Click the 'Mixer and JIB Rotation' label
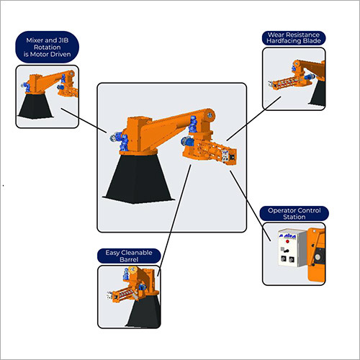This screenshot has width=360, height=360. (48, 47)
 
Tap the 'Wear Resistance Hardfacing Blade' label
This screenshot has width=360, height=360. (294, 38)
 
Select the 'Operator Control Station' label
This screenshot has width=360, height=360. (294, 214)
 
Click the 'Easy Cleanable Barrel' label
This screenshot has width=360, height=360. (129, 256)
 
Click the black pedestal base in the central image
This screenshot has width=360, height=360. (138, 178)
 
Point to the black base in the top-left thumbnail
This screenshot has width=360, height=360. (35, 106)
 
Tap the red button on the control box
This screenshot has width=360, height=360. (287, 241)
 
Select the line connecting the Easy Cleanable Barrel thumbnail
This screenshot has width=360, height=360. (174, 220)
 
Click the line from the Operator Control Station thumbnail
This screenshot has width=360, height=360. (251, 206)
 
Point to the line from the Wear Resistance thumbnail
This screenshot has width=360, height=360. (253, 119)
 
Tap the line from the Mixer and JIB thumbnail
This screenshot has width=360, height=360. (84, 120)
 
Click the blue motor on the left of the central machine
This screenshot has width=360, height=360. (120, 141)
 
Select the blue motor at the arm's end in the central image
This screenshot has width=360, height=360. (193, 125)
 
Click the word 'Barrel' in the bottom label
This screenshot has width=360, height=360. (129, 259)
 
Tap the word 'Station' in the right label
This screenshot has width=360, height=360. (294, 217)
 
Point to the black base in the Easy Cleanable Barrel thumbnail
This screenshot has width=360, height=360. (143, 311)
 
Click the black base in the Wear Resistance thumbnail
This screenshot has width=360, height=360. (318, 93)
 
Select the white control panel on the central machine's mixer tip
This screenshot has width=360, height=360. (225, 156)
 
